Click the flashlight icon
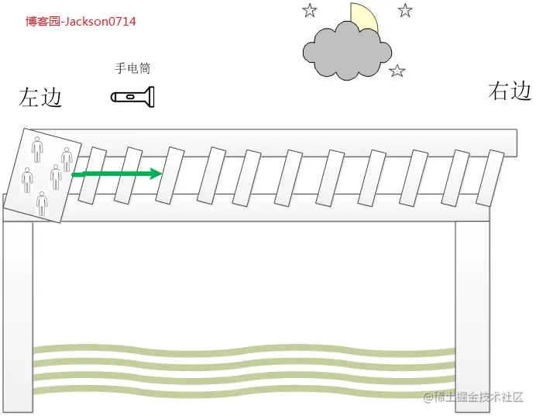point(133,97)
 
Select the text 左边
point(40,98)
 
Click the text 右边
point(510,91)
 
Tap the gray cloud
point(346,51)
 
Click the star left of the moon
point(310,10)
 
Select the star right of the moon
point(405,10)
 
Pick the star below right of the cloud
point(397,71)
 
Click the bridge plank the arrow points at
point(170,176)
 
